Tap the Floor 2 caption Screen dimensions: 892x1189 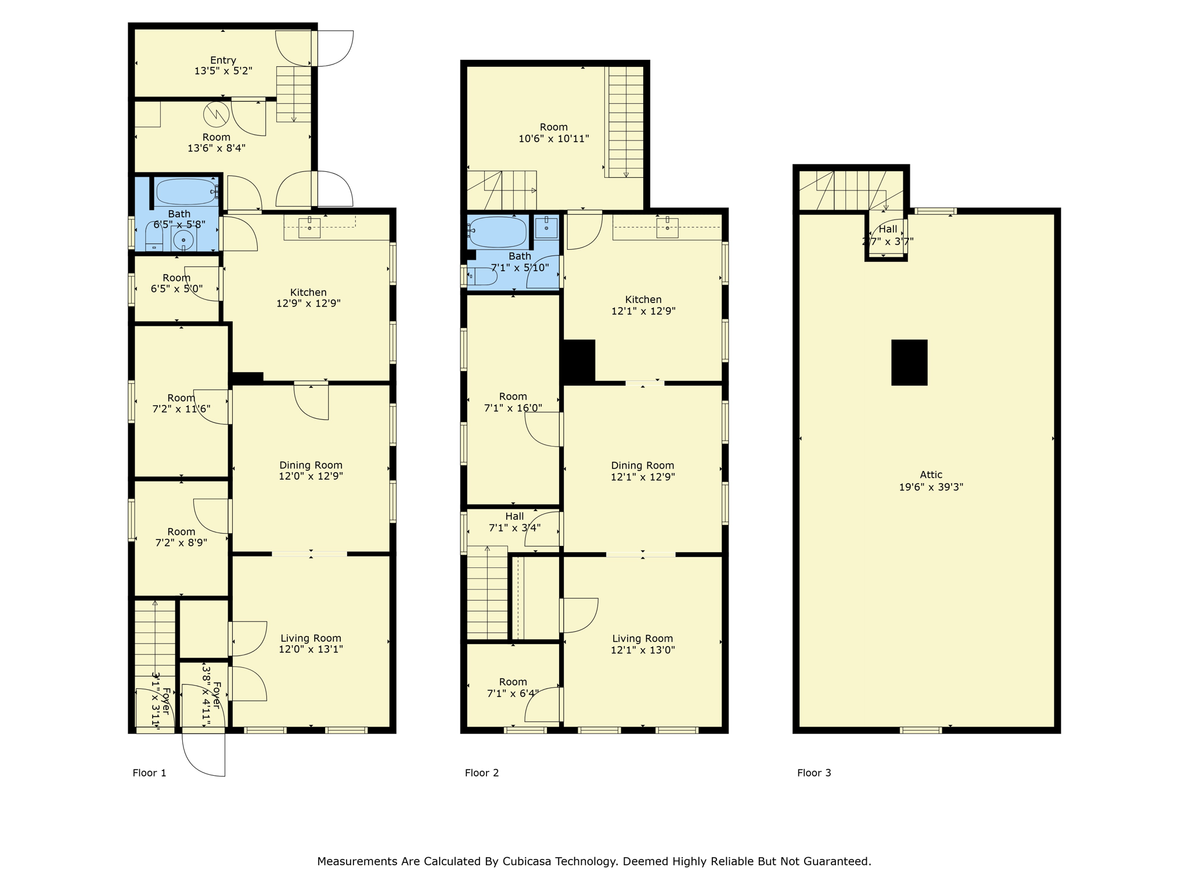(x=481, y=772)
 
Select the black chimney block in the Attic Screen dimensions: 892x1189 (x=909, y=362)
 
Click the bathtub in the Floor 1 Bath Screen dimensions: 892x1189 (x=185, y=192)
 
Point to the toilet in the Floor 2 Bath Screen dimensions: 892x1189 (x=482, y=276)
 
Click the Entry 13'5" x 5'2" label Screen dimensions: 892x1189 (x=223, y=66)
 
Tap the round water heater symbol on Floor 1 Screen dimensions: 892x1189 (x=216, y=114)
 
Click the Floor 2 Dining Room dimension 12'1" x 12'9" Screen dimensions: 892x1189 (x=642, y=477)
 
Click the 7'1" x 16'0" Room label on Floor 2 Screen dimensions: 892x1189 (x=513, y=402)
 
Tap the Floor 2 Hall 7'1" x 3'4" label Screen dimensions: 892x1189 (x=514, y=522)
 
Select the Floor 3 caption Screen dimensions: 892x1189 (x=813, y=772)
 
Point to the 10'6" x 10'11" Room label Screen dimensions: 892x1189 (x=553, y=133)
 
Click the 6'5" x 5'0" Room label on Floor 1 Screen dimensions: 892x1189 (x=176, y=283)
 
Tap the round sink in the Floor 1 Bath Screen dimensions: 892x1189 (x=183, y=240)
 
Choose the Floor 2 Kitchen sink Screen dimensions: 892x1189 (x=667, y=228)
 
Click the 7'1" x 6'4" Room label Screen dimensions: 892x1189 (x=513, y=688)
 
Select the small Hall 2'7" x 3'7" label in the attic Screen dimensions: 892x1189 (x=887, y=235)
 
